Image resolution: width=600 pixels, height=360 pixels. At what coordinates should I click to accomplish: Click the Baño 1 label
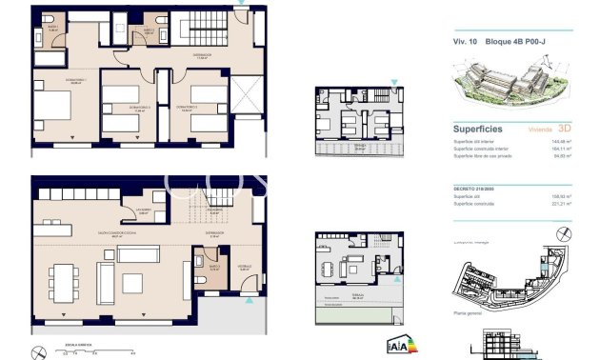[x=52, y=29]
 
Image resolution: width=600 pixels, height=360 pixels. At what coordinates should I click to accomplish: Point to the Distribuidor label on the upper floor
[x=202, y=56]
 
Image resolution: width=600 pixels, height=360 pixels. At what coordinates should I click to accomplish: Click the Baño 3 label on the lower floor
[x=214, y=268]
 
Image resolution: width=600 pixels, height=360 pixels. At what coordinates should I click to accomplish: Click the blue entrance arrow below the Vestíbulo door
[x=249, y=301]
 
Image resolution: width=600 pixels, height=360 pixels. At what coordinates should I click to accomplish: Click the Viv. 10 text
[x=464, y=42]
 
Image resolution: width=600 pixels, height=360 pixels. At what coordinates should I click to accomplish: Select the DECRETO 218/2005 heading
[x=476, y=190]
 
